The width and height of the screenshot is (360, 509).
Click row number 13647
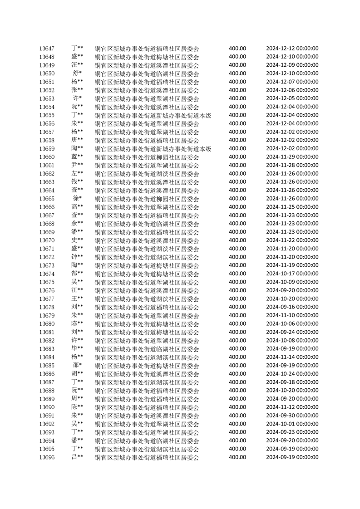[x=47, y=49]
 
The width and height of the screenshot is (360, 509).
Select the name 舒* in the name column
[x=77, y=73]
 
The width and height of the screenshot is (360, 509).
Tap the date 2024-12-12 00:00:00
[x=292, y=49]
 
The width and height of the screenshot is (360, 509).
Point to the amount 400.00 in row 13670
[x=237, y=240]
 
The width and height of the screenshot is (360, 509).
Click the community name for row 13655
[x=153, y=115]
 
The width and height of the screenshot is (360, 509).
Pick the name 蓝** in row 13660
[x=77, y=157]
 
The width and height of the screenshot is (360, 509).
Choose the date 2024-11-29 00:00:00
[x=292, y=157]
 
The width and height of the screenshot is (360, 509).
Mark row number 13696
[x=47, y=457]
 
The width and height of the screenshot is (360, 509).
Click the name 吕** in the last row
[x=77, y=457]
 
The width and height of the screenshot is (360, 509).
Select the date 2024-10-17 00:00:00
[x=292, y=274]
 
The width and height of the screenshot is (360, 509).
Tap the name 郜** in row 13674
[x=77, y=274]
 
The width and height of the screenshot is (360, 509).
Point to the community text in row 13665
[x=147, y=199]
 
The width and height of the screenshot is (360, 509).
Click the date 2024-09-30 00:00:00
[x=292, y=416]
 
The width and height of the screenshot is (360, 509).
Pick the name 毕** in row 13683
[x=77, y=349]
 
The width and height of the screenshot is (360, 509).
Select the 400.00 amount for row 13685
[x=237, y=365]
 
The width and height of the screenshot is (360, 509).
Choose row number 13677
[x=47, y=299]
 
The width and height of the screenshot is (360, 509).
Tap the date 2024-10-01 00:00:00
[x=292, y=424]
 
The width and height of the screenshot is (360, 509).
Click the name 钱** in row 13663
[x=77, y=182]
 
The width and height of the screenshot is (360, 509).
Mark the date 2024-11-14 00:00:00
[x=292, y=357]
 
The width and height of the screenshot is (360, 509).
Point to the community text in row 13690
[x=147, y=407]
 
